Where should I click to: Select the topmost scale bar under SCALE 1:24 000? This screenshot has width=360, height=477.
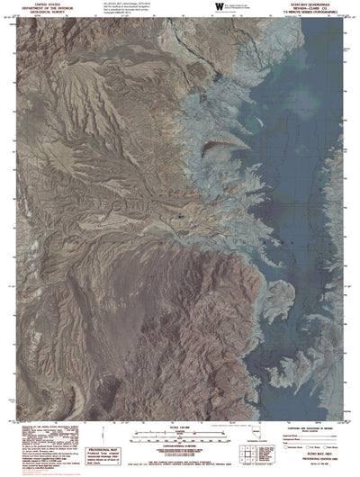pos(180,433)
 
